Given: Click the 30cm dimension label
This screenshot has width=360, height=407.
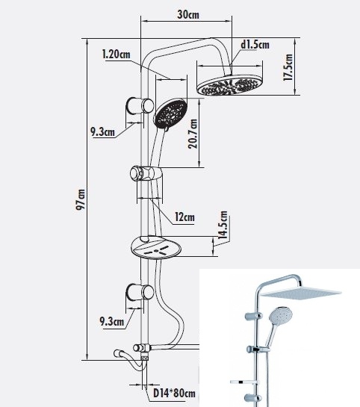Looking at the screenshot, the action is (x=188, y=14).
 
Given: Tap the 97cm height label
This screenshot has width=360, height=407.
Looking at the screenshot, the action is (x=80, y=199).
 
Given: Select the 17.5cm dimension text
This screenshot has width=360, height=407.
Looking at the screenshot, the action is (x=288, y=67).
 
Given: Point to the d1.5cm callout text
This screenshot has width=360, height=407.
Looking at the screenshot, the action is (x=255, y=44).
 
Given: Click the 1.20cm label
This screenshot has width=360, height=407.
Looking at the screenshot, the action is (x=116, y=55).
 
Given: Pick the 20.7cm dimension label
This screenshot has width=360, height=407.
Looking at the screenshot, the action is (x=193, y=134).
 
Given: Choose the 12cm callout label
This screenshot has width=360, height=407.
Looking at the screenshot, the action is (x=184, y=217).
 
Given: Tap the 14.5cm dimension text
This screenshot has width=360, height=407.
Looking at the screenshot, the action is (x=223, y=225).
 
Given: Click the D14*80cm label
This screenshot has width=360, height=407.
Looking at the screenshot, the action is (x=174, y=393).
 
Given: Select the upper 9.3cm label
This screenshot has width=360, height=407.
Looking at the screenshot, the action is (x=102, y=131).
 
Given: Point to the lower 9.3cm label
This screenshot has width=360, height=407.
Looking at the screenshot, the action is (x=112, y=322).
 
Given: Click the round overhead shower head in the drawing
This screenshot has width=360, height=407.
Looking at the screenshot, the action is (x=230, y=85).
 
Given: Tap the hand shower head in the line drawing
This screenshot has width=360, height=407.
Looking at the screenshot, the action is (x=171, y=113).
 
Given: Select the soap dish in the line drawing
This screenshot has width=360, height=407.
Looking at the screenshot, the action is (x=156, y=247).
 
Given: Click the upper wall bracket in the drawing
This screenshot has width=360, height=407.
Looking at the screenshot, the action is (x=140, y=106).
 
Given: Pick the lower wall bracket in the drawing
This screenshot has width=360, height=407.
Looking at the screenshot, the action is (x=140, y=292).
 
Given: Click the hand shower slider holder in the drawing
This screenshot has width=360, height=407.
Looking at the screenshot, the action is (x=146, y=173).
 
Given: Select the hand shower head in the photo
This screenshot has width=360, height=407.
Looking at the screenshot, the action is (x=281, y=315).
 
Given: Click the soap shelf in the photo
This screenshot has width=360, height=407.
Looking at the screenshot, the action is (x=245, y=382).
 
